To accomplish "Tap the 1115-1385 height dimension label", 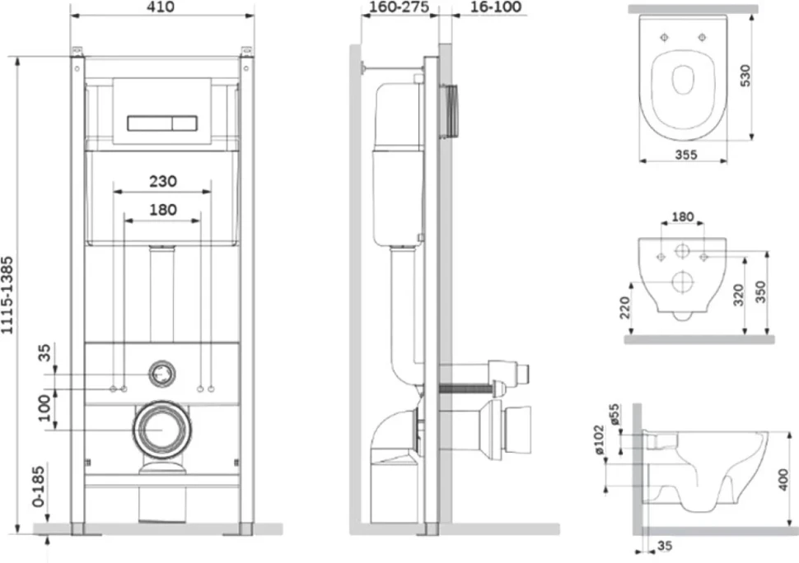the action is [x=7, y=295].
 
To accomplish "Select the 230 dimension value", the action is [x=163, y=181].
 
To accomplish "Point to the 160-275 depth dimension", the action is [x=399, y=7].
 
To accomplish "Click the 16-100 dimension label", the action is [x=496, y=7].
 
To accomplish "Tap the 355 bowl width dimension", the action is [x=686, y=154].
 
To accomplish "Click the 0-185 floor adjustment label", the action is [x=39, y=486].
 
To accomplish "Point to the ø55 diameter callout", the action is [x=614, y=415].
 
